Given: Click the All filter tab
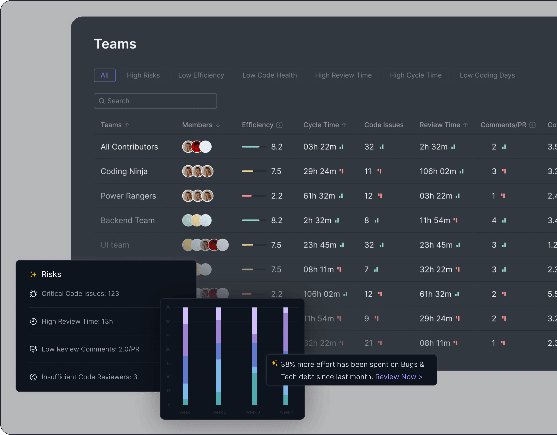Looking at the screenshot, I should click(x=105, y=75).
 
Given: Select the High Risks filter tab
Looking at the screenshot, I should click(x=143, y=75).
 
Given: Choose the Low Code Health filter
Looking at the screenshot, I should click(x=270, y=75).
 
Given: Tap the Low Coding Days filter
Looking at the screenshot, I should click(x=487, y=75).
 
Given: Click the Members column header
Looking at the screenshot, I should click(x=197, y=125).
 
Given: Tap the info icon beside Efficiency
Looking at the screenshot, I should click(x=279, y=125).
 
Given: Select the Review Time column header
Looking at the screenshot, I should click(x=440, y=125).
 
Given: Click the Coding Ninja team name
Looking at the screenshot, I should click(x=124, y=171).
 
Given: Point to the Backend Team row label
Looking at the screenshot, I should click(x=127, y=220).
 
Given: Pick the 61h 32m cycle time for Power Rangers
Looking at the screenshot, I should click(x=319, y=196).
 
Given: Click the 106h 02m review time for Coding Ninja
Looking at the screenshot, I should click(x=438, y=171).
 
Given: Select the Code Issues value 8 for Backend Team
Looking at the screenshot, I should click(x=366, y=220).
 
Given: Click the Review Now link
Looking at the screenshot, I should click(x=399, y=377).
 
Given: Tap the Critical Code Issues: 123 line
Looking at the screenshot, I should click(x=80, y=294).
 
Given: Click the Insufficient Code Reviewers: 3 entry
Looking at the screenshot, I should click(x=89, y=377).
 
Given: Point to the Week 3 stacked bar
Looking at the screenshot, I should click(x=254, y=356).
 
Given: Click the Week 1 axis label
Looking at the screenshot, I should click(x=186, y=412).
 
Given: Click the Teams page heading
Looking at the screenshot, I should click(x=115, y=44).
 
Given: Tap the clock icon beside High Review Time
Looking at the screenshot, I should click(x=33, y=321).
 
